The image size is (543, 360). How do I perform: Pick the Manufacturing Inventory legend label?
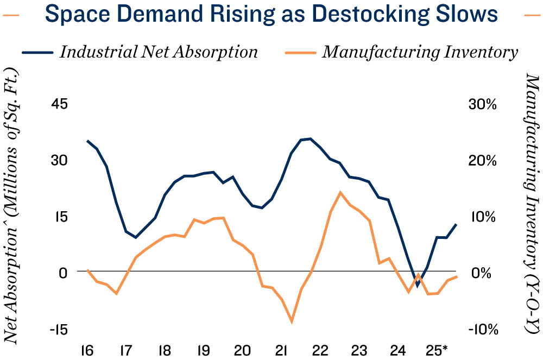tap(420, 52)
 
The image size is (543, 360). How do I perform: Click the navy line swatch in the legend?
tap(37, 53)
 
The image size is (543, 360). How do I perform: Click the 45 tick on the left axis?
tap(60, 104)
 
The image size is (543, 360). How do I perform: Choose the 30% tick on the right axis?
tap(482, 104)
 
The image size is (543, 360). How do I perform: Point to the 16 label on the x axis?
tap(86, 348)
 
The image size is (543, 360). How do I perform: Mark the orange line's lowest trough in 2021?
tap(292, 322)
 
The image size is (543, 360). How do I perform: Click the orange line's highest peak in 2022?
tap(340, 192)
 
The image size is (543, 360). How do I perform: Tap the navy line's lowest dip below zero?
tap(417, 286)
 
